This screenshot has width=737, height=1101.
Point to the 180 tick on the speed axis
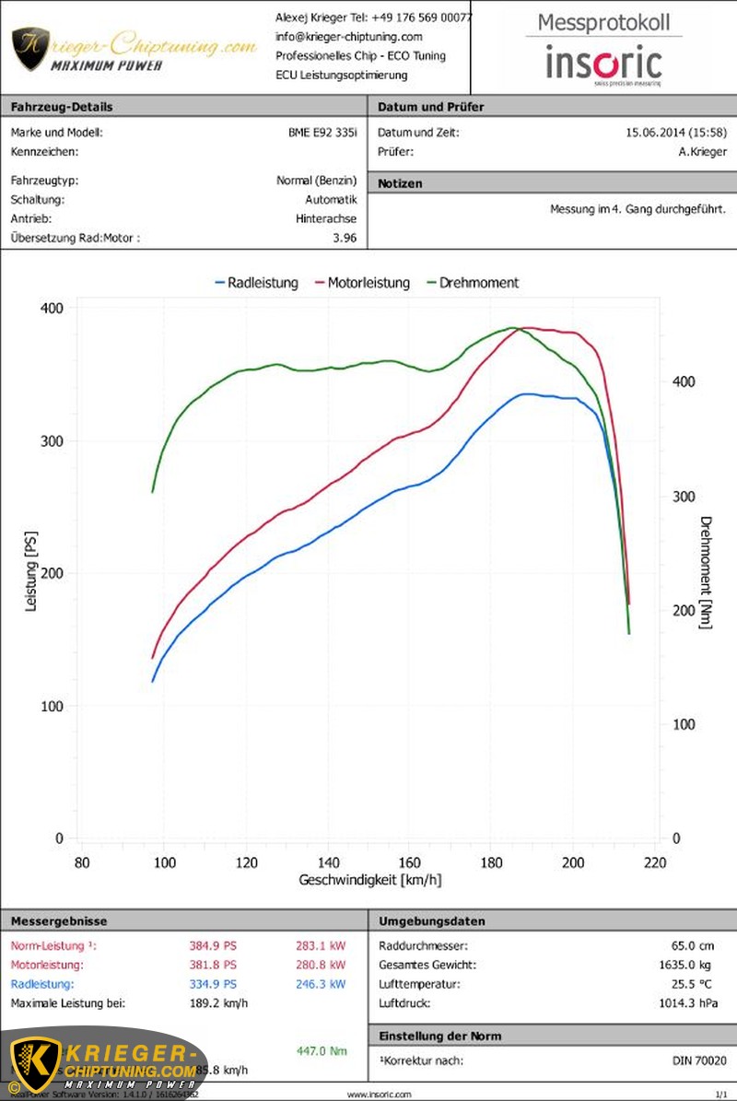pyautogui.click(x=491, y=862)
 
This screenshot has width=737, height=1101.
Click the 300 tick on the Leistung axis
pyautogui.click(x=52, y=441)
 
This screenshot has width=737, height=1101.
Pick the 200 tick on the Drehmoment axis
pyautogui.click(x=682, y=610)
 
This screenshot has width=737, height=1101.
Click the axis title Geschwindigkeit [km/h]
pyautogui.click(x=370, y=880)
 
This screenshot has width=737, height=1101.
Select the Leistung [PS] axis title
pyautogui.click(x=31, y=572)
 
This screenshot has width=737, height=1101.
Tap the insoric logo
pyautogui.click(x=603, y=64)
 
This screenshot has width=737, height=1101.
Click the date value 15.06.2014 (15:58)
pyautogui.click(x=676, y=133)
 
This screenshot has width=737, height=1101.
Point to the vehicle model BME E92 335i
pyautogui.click(x=322, y=133)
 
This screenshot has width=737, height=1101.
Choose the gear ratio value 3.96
pyautogui.click(x=345, y=239)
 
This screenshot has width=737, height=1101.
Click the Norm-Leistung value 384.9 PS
pyautogui.click(x=213, y=945)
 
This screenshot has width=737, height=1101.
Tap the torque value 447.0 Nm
pyautogui.click(x=322, y=1051)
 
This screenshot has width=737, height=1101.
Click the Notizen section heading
pyautogui.click(x=400, y=184)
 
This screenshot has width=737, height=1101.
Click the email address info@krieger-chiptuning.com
pyautogui.click(x=349, y=37)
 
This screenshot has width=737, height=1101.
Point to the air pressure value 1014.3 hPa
pyautogui.click(x=687, y=1003)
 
